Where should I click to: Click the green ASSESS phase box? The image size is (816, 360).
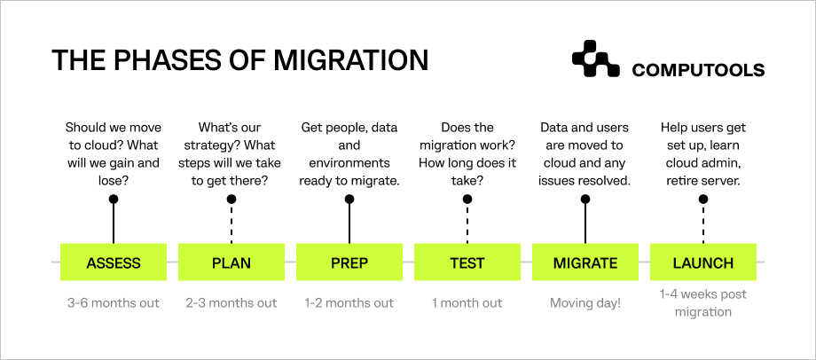coord(114,262)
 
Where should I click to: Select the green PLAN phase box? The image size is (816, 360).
coord(231,262)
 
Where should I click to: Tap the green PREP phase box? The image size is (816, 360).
coord(349,262)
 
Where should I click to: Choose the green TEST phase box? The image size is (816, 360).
coord(467,262)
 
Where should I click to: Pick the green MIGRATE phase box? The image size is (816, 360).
coord(585,262)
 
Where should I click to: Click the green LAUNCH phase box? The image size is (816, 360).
coord(703,262)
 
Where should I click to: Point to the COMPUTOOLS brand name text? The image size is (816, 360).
coord(698,70)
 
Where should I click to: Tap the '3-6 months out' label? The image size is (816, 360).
coord(114,303)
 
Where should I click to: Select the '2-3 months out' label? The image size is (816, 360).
coord(231,303)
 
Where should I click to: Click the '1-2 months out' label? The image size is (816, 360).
coord(349,303)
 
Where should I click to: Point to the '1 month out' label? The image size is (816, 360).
coord(467,303)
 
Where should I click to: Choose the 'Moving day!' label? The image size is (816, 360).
coord(585,303)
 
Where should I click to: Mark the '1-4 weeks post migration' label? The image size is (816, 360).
coord(703,303)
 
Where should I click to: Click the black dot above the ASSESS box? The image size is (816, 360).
coord(114,200)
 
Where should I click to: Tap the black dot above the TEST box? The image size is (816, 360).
coord(467,200)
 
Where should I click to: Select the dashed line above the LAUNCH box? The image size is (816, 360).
coord(703,223)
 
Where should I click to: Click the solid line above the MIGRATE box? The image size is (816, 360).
coord(585,223)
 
